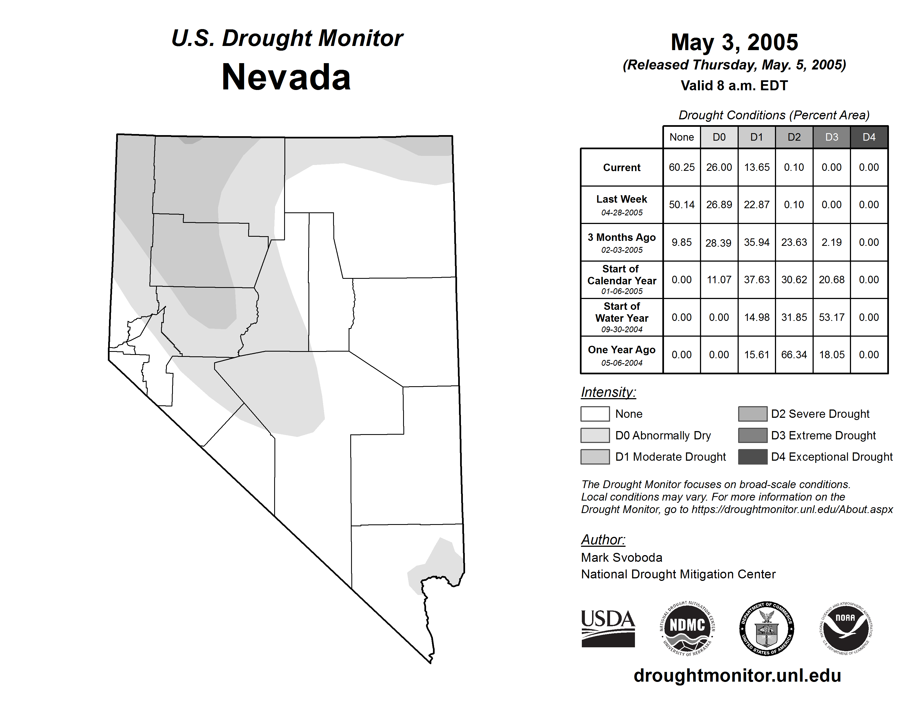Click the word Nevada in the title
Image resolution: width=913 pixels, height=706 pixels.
click(286, 77)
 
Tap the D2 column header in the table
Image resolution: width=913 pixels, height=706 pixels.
click(794, 137)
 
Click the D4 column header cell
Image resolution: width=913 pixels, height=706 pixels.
click(869, 137)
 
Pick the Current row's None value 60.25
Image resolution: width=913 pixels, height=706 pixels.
click(681, 167)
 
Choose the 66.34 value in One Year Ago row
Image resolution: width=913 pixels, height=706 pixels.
click(794, 355)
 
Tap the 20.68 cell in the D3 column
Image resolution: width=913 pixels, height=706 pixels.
click(831, 279)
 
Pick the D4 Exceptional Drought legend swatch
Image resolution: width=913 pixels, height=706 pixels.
click(753, 457)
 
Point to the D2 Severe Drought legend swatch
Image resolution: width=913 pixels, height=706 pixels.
click(753, 414)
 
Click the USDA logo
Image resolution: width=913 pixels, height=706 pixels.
click(608, 628)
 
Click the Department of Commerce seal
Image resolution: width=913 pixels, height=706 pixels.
click(767, 628)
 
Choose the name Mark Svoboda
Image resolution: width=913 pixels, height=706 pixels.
click(622, 558)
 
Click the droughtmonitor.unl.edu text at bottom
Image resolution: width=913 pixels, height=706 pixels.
click(737, 676)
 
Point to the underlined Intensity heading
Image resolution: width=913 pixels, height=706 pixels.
click(608, 392)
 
